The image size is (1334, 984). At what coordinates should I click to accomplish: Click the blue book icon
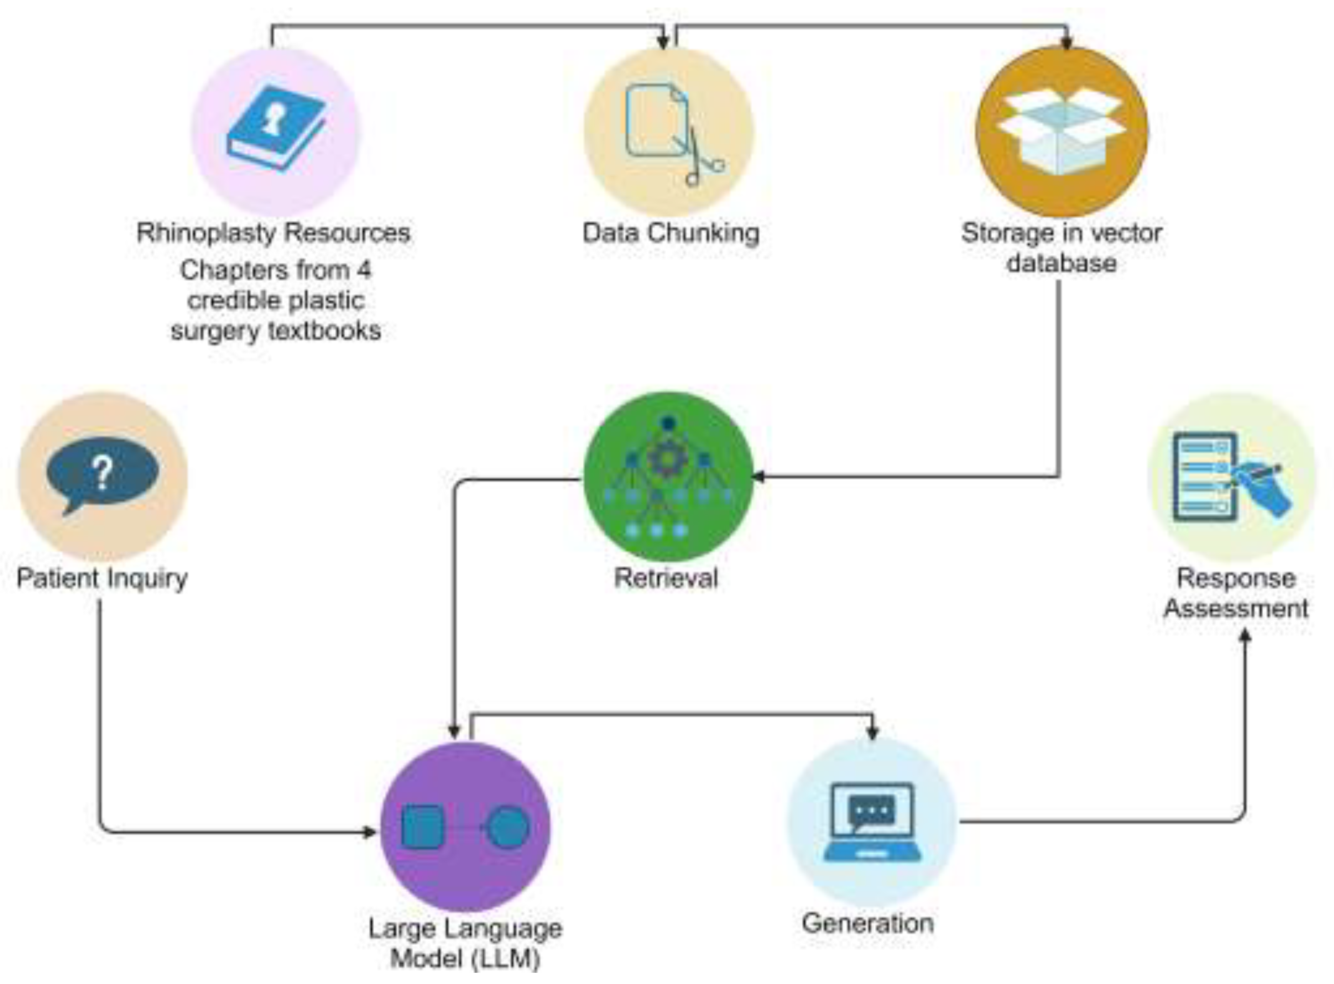coord(276,128)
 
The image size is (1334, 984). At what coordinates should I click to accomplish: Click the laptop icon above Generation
coord(872,822)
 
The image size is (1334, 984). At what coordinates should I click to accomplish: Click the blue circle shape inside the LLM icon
coord(508,827)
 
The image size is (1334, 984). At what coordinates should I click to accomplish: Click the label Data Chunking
coord(670,233)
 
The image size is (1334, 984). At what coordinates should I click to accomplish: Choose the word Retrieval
coord(666,578)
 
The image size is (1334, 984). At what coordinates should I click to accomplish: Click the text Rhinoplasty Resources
coord(273,233)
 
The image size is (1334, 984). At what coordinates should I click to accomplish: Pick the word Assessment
coord(1236,608)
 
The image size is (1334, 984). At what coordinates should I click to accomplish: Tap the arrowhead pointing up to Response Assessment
coord(1245,636)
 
